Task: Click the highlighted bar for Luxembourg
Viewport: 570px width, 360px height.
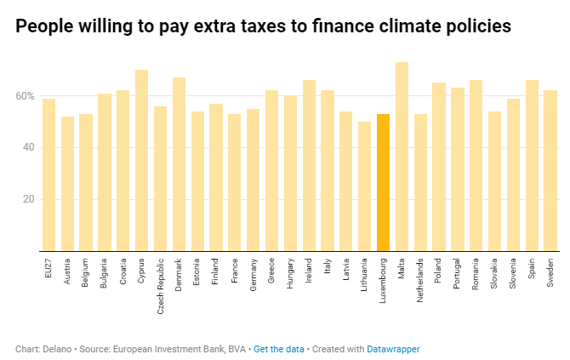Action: point(383,182)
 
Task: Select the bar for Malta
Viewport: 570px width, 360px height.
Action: point(402,157)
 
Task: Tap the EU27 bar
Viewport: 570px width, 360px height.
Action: point(48,174)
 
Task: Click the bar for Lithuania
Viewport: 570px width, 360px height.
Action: point(364,186)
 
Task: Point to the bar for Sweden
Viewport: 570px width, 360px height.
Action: point(550,170)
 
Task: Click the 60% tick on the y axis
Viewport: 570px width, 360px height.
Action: point(24,96)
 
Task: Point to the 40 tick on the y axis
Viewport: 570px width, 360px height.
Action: point(28,148)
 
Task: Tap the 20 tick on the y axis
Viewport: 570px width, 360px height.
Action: point(28,199)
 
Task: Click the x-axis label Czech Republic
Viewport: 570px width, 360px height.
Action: point(161,285)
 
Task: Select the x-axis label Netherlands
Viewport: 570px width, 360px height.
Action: point(420,282)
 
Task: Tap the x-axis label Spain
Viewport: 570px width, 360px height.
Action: point(532,272)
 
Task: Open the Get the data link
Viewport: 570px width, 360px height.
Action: point(279,349)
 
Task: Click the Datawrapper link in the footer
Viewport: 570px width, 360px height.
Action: point(393,349)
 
